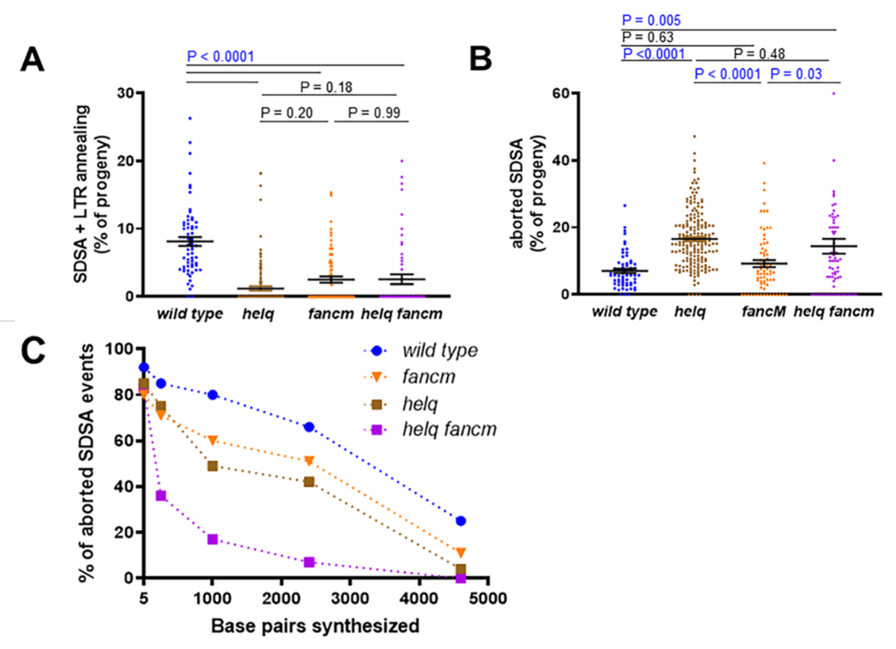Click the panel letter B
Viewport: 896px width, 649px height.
click(x=480, y=59)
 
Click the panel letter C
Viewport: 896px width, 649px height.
click(x=33, y=352)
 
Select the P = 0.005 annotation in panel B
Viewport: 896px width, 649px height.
click(x=651, y=21)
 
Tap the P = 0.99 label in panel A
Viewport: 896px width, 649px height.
click(x=374, y=113)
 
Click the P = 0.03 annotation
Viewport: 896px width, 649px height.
click(x=796, y=74)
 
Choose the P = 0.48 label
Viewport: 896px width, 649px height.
click(x=759, y=54)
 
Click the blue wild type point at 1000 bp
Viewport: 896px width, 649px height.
click(x=212, y=395)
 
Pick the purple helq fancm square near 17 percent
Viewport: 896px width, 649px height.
click(x=212, y=539)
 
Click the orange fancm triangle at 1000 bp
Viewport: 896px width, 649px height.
click(x=212, y=440)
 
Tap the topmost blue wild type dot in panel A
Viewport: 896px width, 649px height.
click(x=190, y=118)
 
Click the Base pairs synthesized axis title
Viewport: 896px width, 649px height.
click(x=315, y=626)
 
